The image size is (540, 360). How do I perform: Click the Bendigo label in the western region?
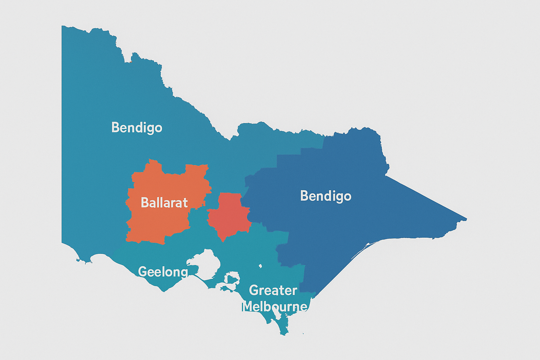point(137,128)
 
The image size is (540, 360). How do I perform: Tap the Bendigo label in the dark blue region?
point(326,196)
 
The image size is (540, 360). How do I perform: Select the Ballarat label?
point(164,203)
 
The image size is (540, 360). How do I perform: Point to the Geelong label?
point(163,272)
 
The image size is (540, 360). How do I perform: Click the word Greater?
point(273,290)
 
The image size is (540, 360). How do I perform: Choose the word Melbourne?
point(275,307)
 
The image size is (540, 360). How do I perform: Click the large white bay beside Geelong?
point(207,262)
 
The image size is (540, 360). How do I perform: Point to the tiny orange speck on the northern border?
point(130,62)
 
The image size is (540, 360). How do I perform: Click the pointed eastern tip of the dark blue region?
point(466,219)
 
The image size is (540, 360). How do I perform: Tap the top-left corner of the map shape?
point(62,26)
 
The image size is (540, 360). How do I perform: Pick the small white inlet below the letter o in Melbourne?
point(278,316)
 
